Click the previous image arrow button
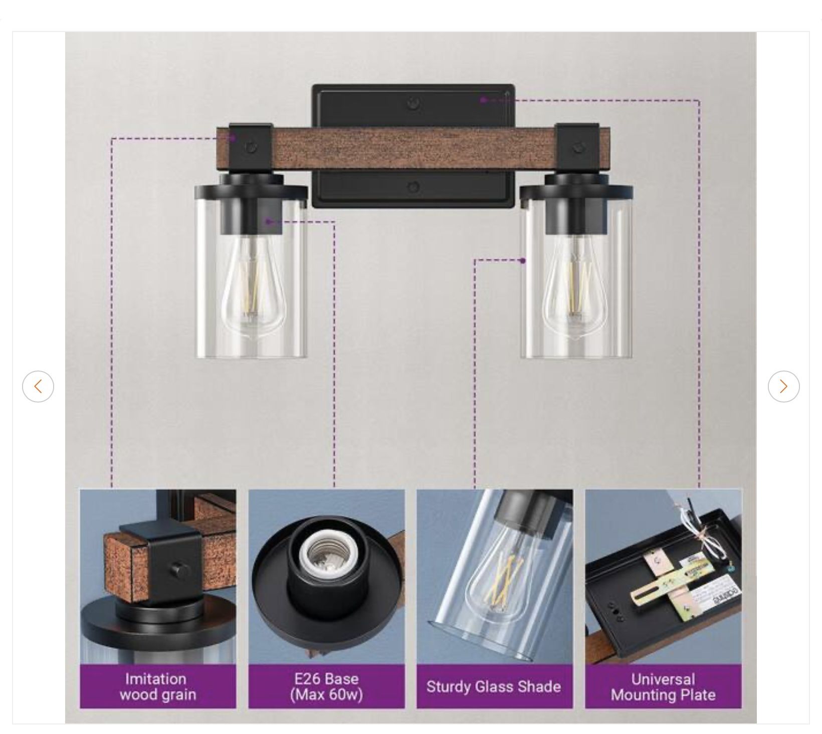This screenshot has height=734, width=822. tap(38, 387)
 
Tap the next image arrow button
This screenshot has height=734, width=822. tap(784, 387)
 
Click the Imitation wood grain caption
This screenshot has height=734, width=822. tap(158, 686)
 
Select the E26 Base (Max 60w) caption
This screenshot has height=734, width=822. tap(326, 686)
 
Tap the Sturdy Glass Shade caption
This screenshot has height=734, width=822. tap(494, 686)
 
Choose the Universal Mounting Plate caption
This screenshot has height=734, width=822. tap(663, 687)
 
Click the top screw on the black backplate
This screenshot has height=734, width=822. tap(414, 104)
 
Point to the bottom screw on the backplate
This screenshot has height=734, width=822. tap(413, 187)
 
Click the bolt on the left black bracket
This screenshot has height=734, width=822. tap(251, 147)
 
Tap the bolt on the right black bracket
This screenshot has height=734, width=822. tap(579, 147)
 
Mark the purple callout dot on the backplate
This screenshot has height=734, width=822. tap(483, 100)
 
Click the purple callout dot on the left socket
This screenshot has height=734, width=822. tap(269, 221)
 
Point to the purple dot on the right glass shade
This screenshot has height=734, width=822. tap(523, 260)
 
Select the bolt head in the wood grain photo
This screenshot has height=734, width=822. tap(178, 570)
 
